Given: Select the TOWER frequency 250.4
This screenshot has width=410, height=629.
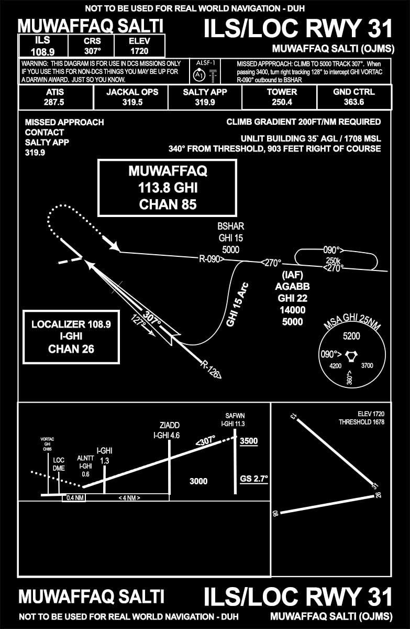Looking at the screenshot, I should tap(282, 102).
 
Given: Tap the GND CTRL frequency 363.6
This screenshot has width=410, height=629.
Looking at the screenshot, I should tap(354, 102).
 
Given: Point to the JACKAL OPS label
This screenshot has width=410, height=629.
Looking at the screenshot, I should tap(132, 92).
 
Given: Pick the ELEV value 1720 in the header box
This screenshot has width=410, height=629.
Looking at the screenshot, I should tap(139, 51).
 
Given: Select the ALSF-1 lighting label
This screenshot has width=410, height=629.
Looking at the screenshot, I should tap(202, 62).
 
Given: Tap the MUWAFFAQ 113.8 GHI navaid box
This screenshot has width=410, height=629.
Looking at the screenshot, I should tap(168, 187).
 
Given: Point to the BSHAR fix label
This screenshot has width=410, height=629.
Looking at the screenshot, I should tap(231, 226).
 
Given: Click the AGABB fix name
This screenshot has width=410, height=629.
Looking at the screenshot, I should tap(292, 286).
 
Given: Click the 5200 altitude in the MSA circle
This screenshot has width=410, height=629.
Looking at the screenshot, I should tap(351, 337).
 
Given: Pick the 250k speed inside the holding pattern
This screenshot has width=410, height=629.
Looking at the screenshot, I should tap(333, 260).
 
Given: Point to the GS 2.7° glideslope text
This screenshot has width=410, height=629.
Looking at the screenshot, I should tap(254, 479).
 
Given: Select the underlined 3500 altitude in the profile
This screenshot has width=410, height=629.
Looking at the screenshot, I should tap(249, 441).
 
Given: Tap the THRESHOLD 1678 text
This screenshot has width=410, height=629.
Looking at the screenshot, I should tap(361, 422).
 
